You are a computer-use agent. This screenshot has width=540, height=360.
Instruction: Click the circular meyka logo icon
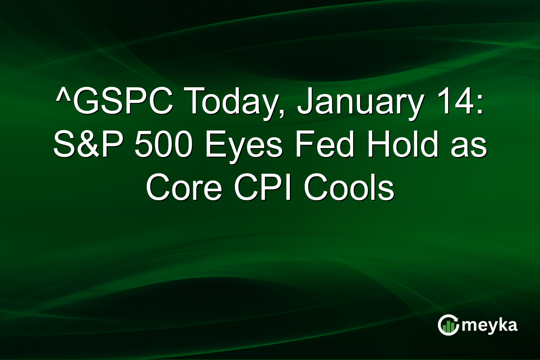(448, 325)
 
